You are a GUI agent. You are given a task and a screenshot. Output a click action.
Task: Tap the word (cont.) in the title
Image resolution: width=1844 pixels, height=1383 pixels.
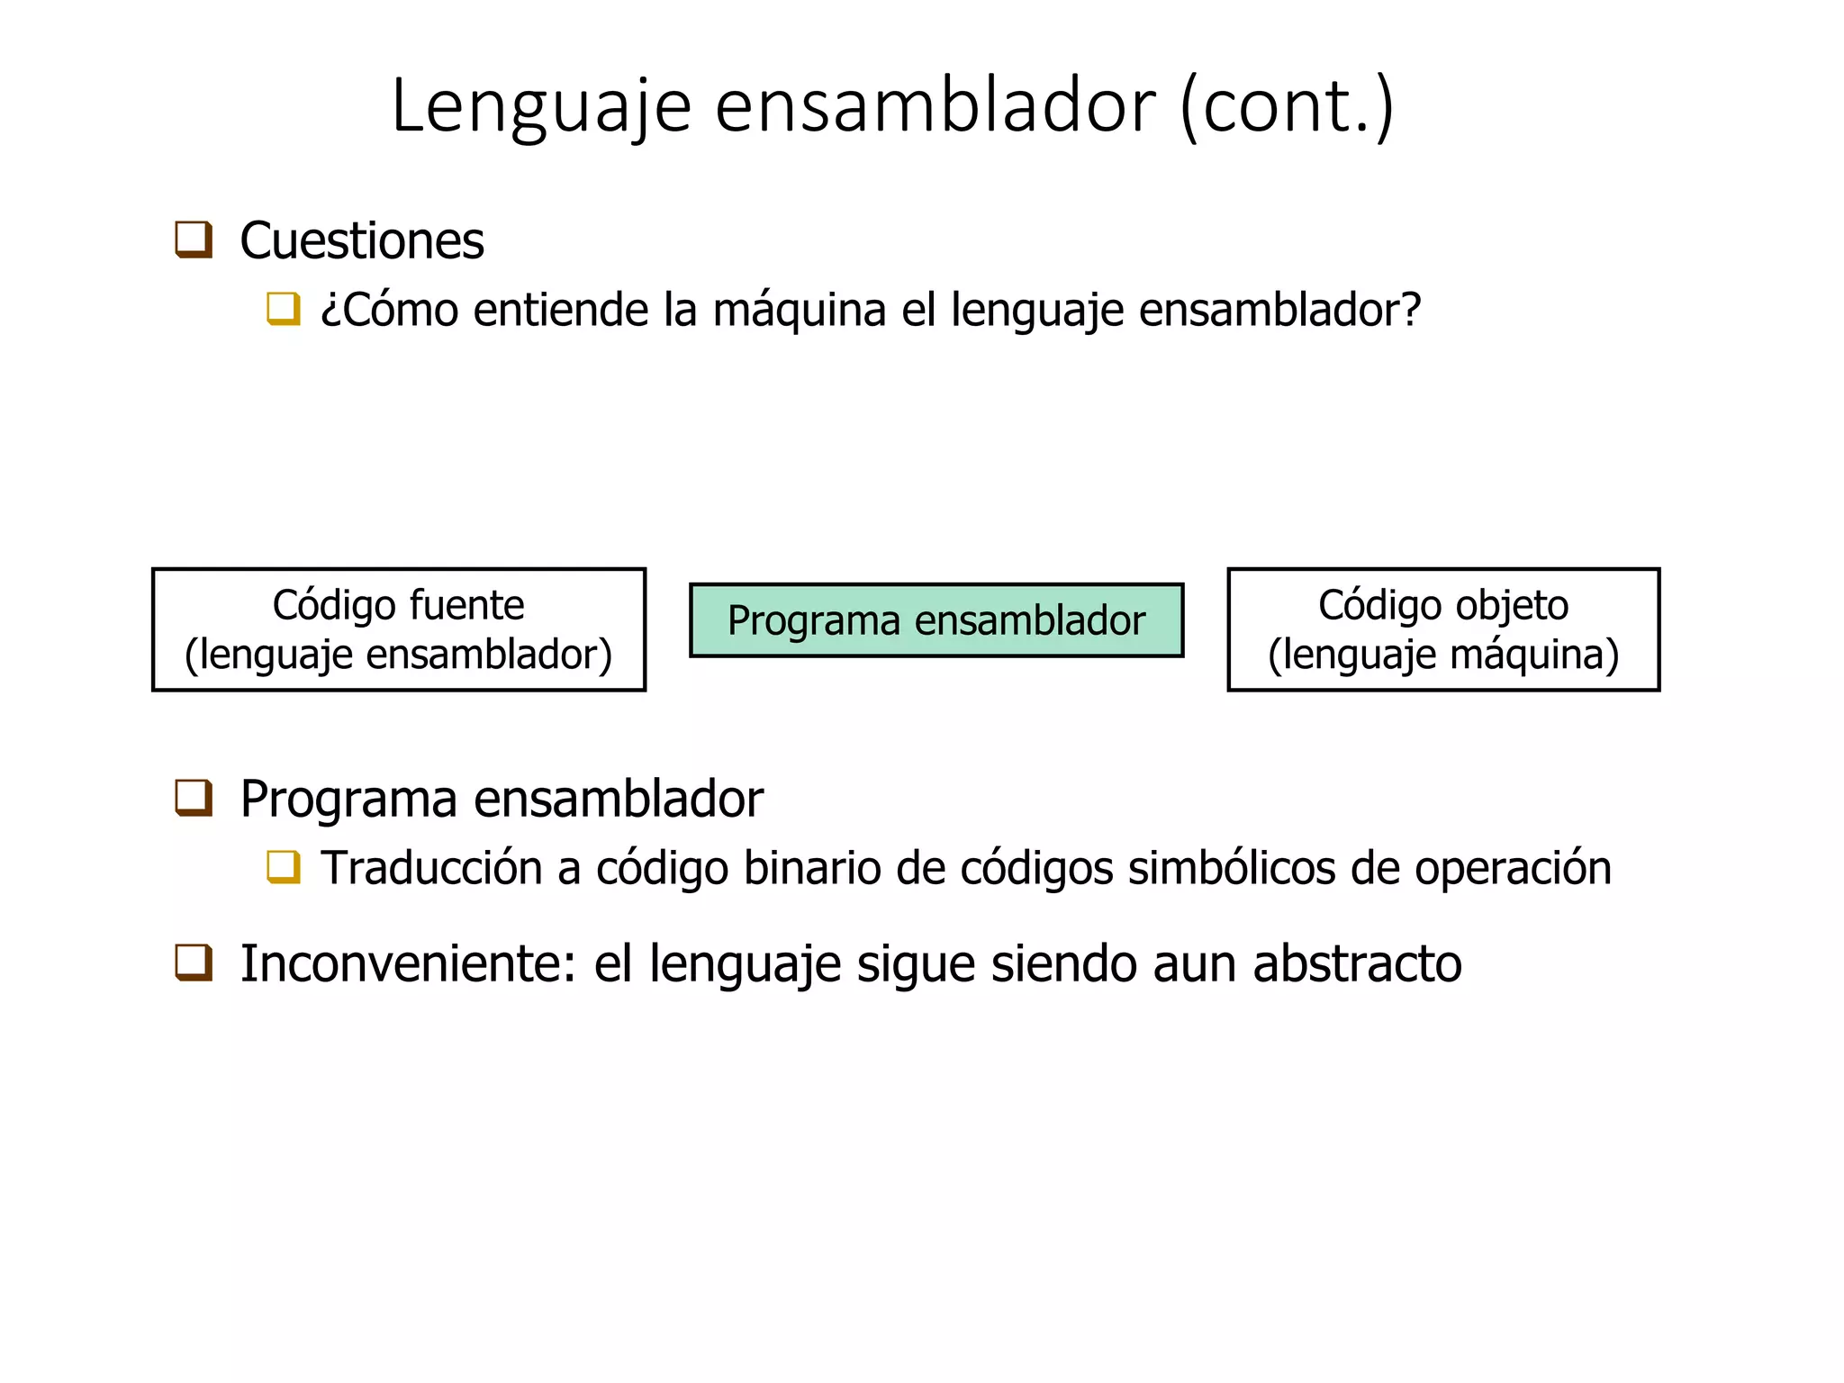tap(1288, 106)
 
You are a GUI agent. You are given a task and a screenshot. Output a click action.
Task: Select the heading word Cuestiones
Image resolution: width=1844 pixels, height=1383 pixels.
tap(362, 241)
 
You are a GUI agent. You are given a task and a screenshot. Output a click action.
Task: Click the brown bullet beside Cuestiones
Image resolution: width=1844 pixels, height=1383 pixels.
tap(194, 240)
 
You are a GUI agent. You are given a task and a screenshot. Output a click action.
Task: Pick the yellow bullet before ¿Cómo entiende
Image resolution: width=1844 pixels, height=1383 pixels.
tap(284, 309)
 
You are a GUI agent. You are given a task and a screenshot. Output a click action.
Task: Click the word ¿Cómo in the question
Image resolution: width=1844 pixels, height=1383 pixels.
tap(389, 310)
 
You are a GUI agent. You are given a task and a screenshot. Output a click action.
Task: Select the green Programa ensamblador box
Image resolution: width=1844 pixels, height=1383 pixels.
tap(936, 620)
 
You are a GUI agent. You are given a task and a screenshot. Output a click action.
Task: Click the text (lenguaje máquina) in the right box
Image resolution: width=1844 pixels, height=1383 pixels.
tap(1443, 655)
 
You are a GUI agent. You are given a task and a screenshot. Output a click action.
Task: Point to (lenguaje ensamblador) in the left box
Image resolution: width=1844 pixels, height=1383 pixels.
tap(399, 655)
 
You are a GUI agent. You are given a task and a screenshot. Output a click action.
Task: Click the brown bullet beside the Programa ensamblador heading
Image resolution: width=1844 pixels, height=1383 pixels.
tap(194, 799)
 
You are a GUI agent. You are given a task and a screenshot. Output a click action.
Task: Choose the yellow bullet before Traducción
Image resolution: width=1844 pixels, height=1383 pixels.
tap(284, 867)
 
